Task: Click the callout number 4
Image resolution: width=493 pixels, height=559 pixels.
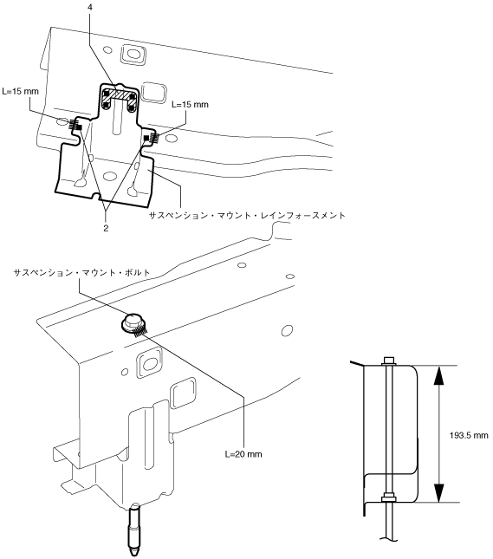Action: pyautogui.click(x=90, y=7)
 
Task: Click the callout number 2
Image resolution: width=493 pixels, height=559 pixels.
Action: pyautogui.click(x=106, y=228)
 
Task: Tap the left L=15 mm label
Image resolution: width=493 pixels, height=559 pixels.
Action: pyautogui.click(x=20, y=91)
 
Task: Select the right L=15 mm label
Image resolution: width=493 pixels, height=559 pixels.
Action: pyautogui.click(x=190, y=105)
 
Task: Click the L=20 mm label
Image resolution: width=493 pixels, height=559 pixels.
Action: pyautogui.click(x=243, y=454)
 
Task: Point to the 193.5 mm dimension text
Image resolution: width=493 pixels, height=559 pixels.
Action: pyautogui.click(x=469, y=435)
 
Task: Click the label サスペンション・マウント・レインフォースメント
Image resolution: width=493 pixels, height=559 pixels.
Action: pyautogui.click(x=247, y=215)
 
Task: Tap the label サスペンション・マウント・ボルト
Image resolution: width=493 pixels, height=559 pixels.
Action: pyautogui.click(x=82, y=273)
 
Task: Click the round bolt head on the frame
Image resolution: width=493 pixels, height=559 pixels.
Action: pyautogui.click(x=132, y=322)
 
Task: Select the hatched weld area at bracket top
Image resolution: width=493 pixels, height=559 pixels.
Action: pyautogui.click(x=119, y=94)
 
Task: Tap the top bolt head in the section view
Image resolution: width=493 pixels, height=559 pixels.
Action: pyautogui.click(x=389, y=361)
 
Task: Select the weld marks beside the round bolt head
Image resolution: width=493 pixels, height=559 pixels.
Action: pyautogui.click(x=140, y=332)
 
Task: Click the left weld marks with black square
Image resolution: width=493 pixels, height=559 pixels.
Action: pyautogui.click(x=75, y=125)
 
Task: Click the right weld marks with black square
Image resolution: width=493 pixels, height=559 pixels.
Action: pyautogui.click(x=151, y=137)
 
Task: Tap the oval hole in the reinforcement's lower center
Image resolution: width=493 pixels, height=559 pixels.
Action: pyautogui.click(x=109, y=176)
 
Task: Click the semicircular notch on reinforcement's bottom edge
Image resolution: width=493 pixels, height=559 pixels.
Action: pyautogui.click(x=95, y=197)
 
